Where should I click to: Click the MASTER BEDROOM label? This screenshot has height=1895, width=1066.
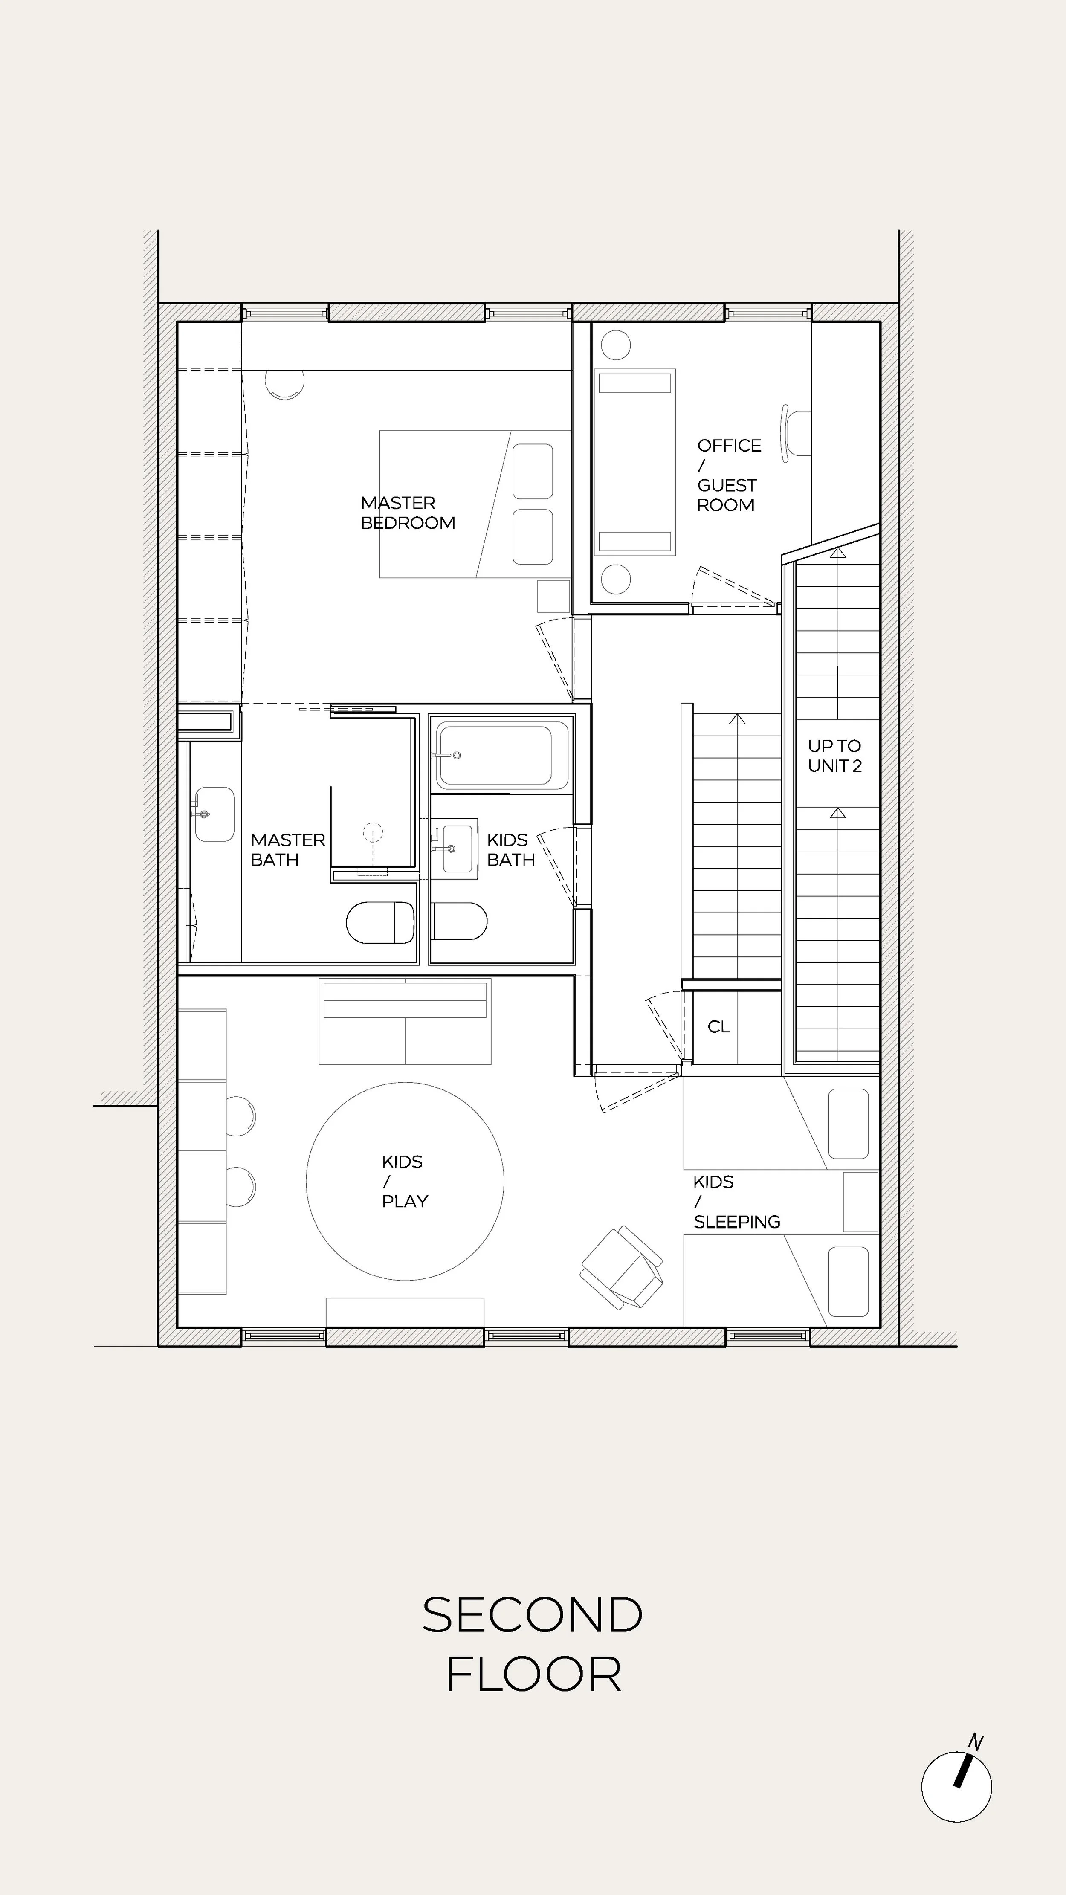408,513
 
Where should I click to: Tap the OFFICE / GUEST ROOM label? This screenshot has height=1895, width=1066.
728,475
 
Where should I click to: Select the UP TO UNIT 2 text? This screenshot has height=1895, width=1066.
834,756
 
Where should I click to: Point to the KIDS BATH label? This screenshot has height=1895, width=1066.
510,850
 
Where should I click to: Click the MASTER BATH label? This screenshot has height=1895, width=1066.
287,850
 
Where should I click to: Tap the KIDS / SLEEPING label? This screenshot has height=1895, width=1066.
736,1202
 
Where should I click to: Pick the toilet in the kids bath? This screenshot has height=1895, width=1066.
460,921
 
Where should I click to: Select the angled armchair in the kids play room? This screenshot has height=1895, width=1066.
622,1267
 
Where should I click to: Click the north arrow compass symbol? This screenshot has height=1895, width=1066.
956,1787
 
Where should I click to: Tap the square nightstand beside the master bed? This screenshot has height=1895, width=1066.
553,596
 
